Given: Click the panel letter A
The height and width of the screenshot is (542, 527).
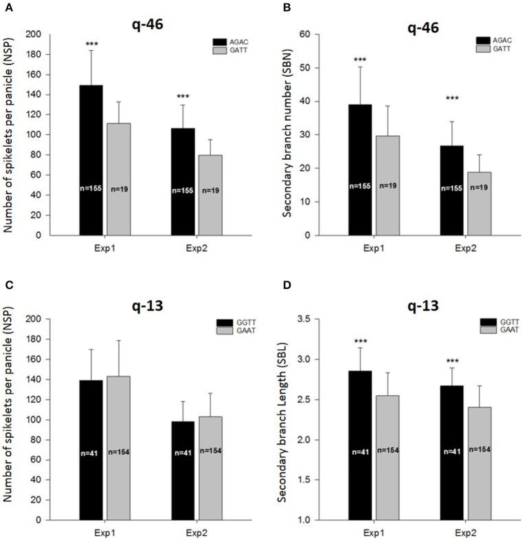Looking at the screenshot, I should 7,7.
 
